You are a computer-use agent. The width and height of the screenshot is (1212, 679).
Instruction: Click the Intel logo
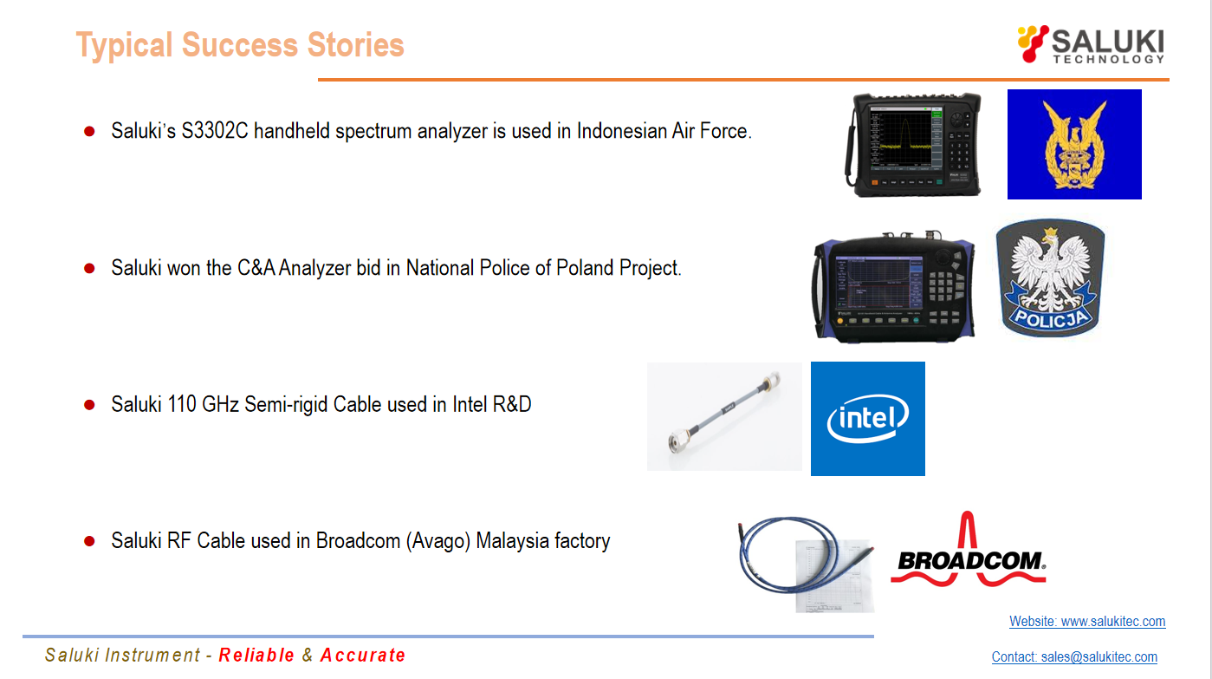pyautogui.click(x=868, y=419)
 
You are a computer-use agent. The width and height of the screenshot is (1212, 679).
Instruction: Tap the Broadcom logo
pyautogui.click(x=968, y=549)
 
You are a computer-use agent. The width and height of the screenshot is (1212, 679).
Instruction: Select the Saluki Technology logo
pyautogui.click(x=1091, y=44)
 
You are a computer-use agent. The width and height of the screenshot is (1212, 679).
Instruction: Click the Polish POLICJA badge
pyautogui.click(x=1050, y=277)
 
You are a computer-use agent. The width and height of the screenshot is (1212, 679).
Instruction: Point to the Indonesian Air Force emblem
pyautogui.click(x=1074, y=144)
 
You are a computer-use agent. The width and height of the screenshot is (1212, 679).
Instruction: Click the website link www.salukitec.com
pyautogui.click(x=1113, y=621)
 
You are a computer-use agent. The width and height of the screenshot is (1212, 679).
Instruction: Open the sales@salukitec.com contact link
pyautogui.click(x=1099, y=656)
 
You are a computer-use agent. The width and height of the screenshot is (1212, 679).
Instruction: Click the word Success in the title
pyautogui.click(x=240, y=44)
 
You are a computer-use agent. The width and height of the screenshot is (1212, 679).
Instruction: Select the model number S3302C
pyautogui.click(x=215, y=131)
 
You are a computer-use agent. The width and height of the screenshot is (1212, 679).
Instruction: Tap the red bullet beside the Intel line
pyautogui.click(x=90, y=404)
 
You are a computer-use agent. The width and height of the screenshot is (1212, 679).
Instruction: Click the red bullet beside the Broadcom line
pyautogui.click(x=90, y=541)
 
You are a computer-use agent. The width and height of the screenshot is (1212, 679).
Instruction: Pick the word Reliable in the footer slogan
pyautogui.click(x=256, y=656)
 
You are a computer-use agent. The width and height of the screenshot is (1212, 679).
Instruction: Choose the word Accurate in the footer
pyautogui.click(x=362, y=656)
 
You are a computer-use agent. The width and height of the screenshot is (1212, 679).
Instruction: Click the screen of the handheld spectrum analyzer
pyautogui.click(x=905, y=138)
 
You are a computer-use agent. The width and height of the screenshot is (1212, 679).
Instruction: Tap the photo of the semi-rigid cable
pyautogui.click(x=724, y=416)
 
